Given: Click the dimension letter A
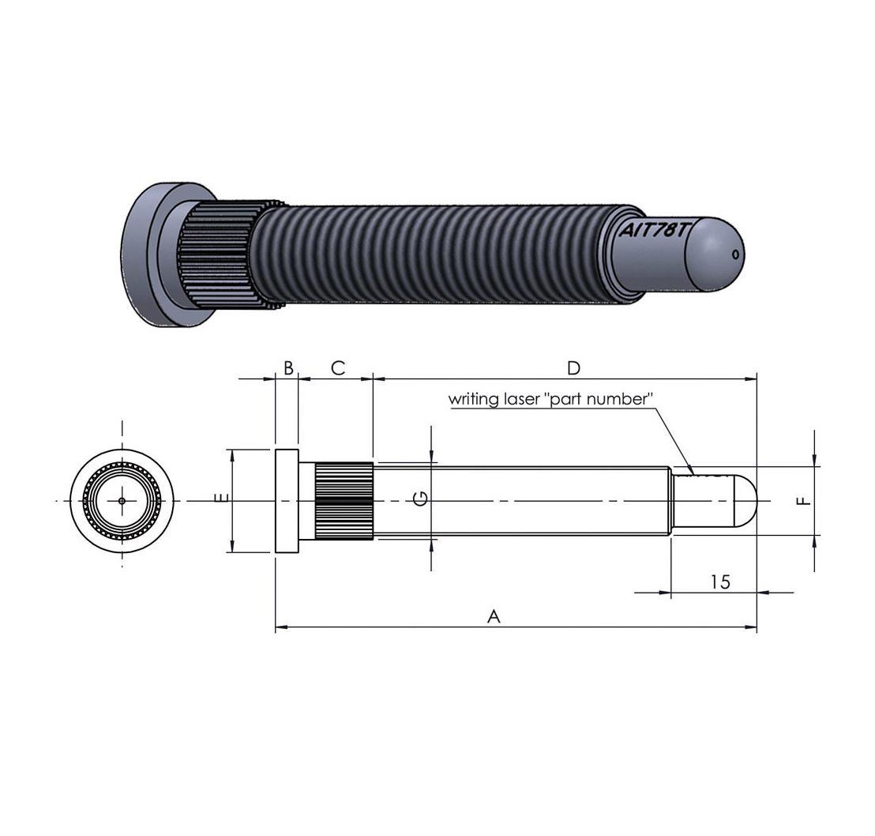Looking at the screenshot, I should [x=494, y=616].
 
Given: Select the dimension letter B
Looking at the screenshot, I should [x=288, y=367].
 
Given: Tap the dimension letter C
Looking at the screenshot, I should [x=337, y=367].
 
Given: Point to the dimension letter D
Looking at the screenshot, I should [x=574, y=367].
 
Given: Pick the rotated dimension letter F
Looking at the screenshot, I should [x=802, y=500].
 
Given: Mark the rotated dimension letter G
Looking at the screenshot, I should [x=422, y=498].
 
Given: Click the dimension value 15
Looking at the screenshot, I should [x=719, y=582].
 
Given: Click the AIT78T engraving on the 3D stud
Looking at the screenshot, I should [x=655, y=232].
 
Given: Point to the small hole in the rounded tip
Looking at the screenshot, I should [x=736, y=254].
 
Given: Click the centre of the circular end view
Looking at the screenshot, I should [x=122, y=500].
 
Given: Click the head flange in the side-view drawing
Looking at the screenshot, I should [x=287, y=500].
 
